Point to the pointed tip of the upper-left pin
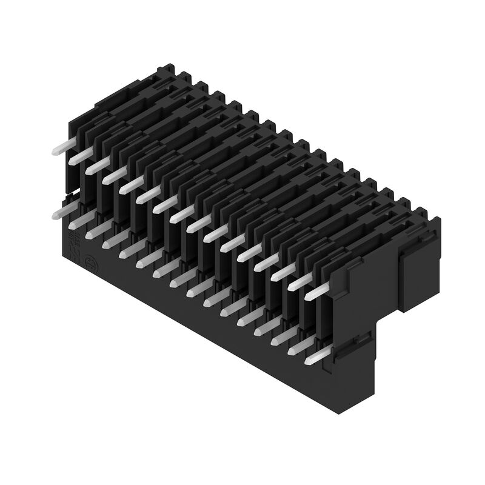coord(53,151)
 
